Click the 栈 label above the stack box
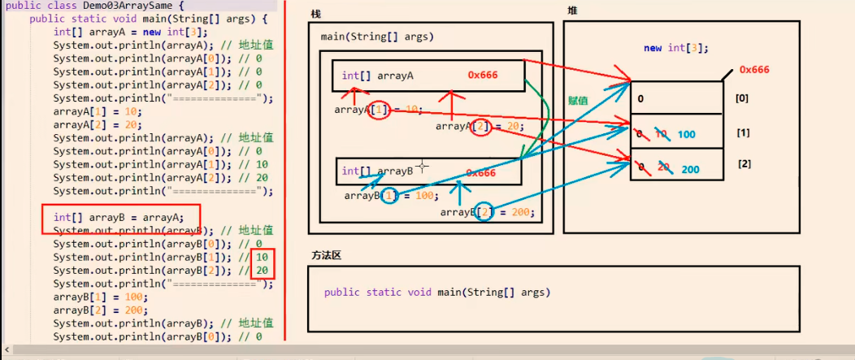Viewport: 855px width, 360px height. [316, 13]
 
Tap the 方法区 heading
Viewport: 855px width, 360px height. [326, 255]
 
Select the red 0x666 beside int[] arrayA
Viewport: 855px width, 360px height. [483, 75]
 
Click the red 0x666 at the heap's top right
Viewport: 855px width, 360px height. [753, 70]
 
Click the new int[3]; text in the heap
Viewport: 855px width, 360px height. [675, 48]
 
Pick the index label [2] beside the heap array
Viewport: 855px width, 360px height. [744, 164]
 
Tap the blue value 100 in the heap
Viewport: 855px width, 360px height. [687, 134]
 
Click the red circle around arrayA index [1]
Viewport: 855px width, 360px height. [379, 110]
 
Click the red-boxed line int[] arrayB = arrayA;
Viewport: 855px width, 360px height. [119, 217]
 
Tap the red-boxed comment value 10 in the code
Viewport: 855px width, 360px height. [262, 257]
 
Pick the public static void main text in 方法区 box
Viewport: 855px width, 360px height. [436, 293]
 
